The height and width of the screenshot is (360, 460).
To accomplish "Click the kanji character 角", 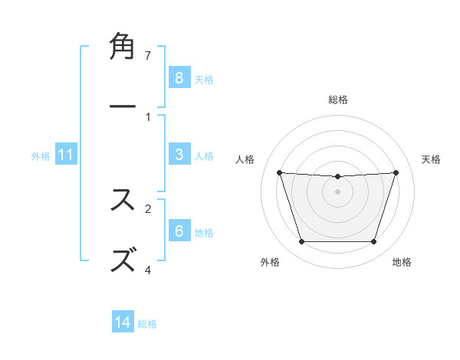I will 123,46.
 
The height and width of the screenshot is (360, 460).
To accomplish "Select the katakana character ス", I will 123,199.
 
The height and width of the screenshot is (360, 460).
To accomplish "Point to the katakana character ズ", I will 123,259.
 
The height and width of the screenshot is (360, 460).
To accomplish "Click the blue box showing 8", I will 179,78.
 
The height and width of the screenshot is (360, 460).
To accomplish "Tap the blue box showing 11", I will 65,155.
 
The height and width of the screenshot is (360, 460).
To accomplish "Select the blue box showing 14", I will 123,323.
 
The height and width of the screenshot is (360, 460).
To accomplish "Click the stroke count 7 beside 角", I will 147,55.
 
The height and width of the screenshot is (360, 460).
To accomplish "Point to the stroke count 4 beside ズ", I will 147,270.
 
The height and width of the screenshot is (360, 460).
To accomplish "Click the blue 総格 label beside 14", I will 147,324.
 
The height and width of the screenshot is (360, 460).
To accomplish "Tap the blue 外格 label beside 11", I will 41,156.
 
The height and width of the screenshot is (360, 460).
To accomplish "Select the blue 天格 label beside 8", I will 204,79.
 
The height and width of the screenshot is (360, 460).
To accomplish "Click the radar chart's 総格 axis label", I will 338,100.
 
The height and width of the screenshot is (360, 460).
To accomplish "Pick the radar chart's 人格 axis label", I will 245,159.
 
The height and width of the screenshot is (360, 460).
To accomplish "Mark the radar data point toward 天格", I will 396,172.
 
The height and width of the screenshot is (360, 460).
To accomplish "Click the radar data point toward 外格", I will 301,242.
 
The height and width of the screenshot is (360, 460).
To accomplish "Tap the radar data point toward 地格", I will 373,242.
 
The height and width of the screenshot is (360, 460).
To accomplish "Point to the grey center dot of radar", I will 337,191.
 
